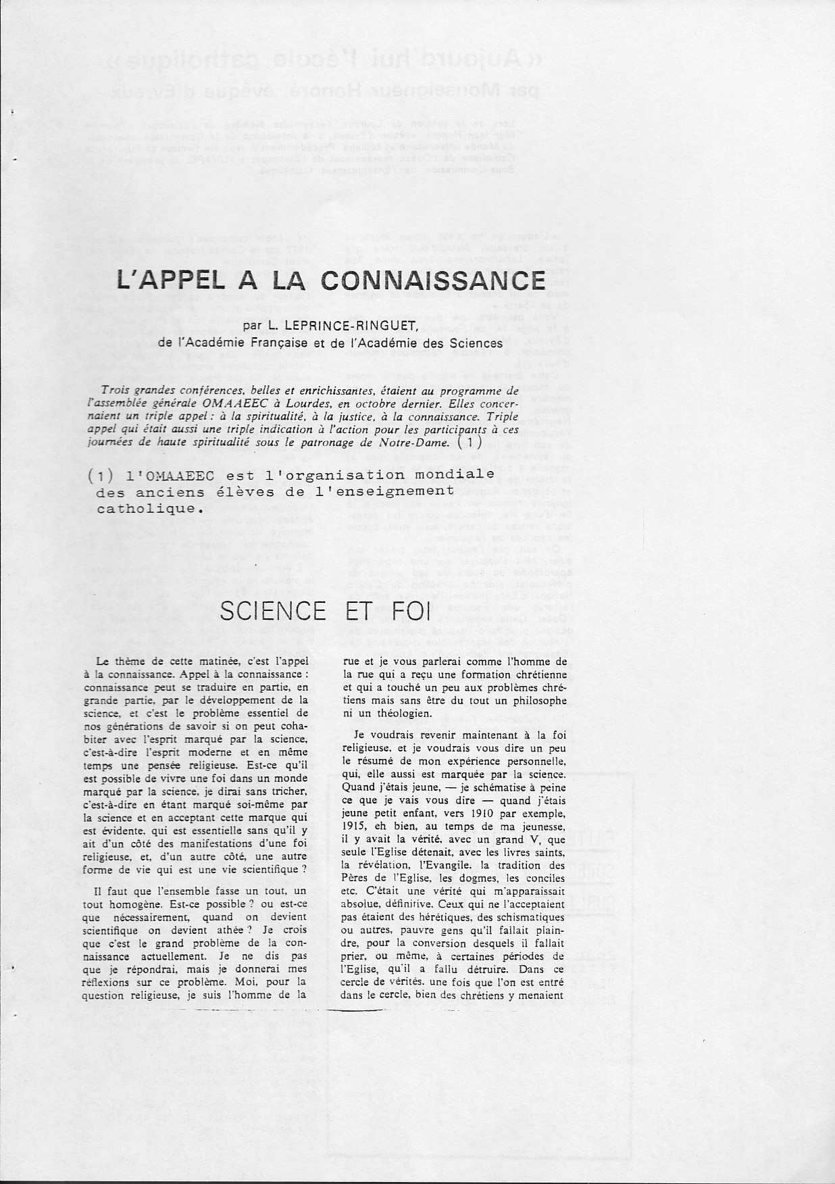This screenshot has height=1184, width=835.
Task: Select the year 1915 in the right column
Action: click(355, 827)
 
